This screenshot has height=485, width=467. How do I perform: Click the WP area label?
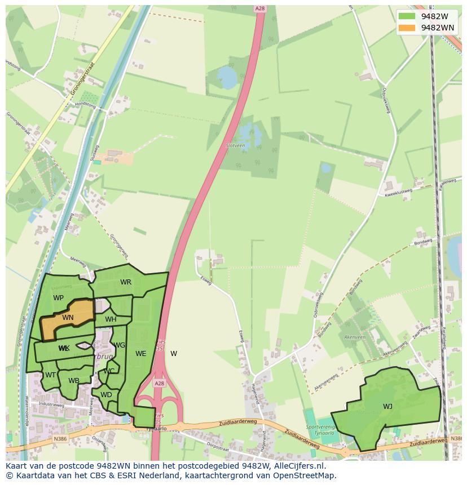click(x=58, y=298)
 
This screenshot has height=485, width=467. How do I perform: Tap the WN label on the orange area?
click(x=68, y=318)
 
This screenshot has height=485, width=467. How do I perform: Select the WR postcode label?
click(x=126, y=282)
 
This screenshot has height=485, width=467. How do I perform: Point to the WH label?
click(x=111, y=319)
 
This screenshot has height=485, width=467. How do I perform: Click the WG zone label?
click(x=120, y=345)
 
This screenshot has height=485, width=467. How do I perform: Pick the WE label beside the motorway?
click(x=141, y=354)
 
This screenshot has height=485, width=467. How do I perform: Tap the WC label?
click(x=109, y=371)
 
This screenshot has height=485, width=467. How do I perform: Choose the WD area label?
click(x=106, y=395)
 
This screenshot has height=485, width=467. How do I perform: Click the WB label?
click(x=74, y=381)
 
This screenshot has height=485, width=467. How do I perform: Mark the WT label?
click(x=51, y=375)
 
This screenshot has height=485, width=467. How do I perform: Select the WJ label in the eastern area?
click(x=387, y=407)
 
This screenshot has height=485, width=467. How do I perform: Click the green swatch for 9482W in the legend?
click(x=406, y=16)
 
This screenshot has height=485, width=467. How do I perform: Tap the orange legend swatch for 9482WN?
click(x=406, y=28)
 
